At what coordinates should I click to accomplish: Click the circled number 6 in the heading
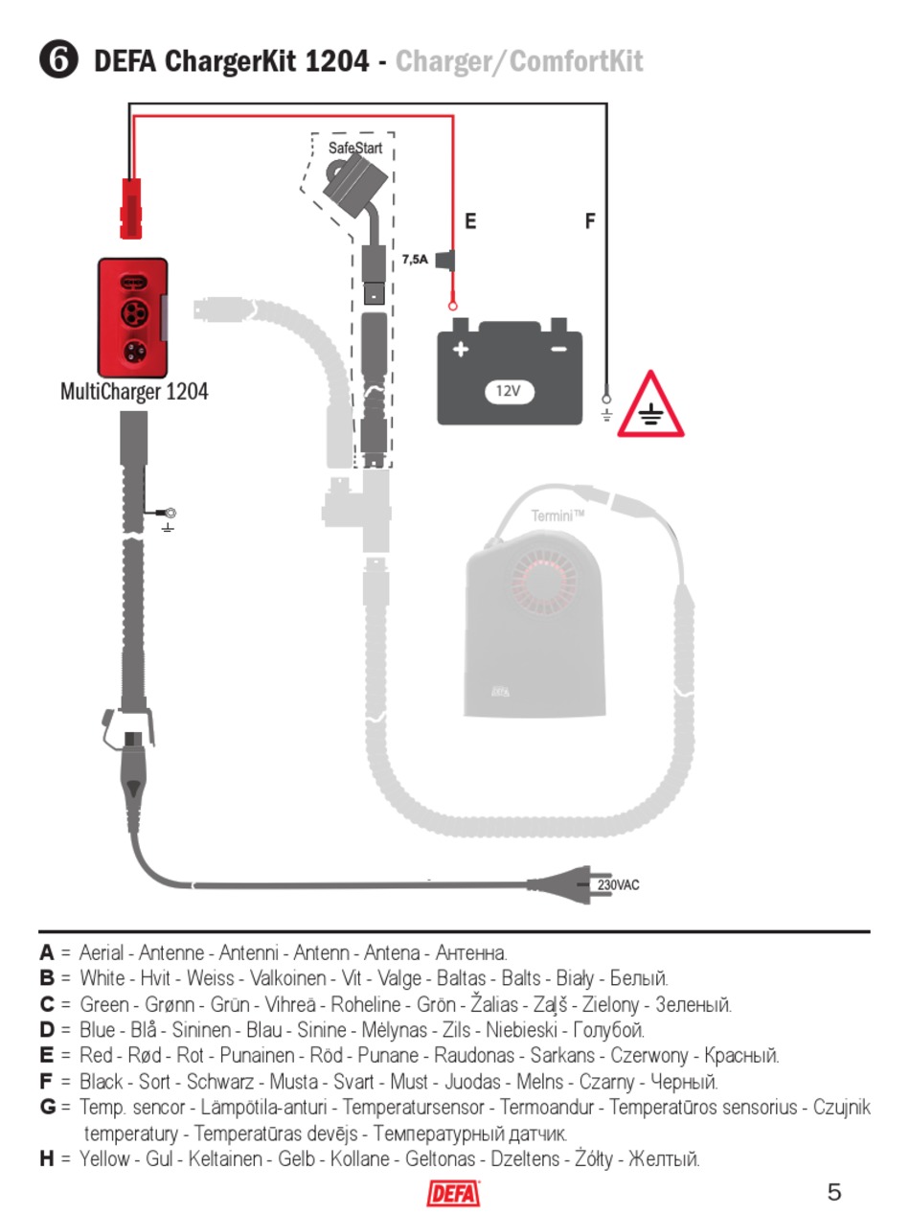(58, 60)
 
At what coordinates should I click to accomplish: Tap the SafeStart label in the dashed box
(355, 148)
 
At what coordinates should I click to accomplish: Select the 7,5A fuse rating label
(415, 260)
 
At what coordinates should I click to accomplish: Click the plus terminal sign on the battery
(461, 349)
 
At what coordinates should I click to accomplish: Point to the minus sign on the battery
(559, 349)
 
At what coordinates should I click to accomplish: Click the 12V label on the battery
(509, 392)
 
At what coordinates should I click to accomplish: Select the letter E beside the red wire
(470, 221)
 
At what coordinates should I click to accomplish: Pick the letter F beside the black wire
(590, 221)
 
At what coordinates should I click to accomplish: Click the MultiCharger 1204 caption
(134, 392)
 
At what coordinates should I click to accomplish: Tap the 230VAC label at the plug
(618, 885)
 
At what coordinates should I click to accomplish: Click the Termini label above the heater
(557, 516)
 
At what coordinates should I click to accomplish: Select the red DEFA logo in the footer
(453, 1194)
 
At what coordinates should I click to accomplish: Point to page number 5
(834, 1192)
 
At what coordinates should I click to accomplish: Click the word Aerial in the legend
(102, 953)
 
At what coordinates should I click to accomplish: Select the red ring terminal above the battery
(453, 306)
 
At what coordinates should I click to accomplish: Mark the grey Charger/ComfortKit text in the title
(520, 61)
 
